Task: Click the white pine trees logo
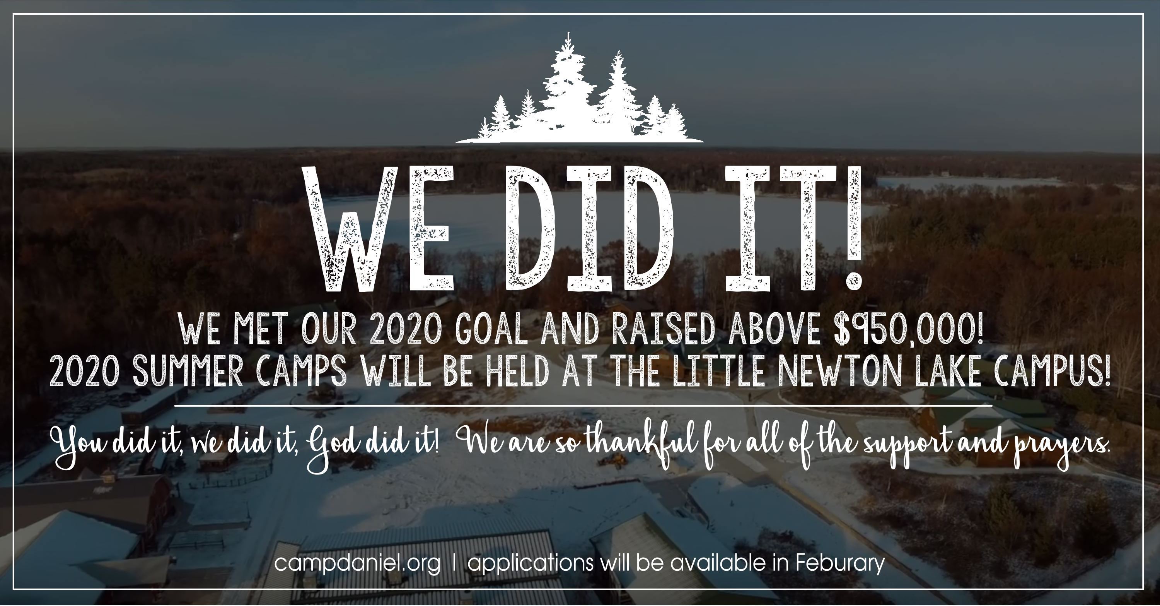579,90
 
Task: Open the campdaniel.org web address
357,564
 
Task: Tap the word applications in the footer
530,564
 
